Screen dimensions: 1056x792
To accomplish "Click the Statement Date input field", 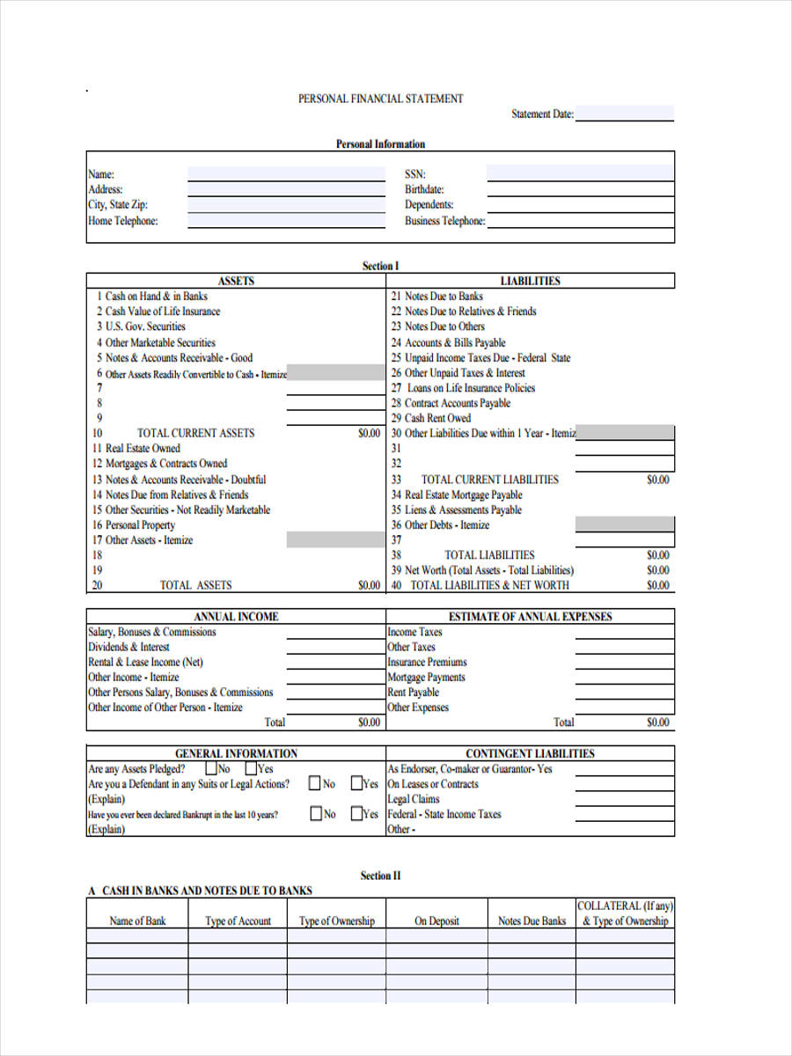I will (x=625, y=114).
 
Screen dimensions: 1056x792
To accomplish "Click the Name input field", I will (x=286, y=173).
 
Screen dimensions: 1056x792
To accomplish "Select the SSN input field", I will (x=580, y=172).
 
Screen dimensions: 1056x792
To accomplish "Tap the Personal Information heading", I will (x=380, y=144).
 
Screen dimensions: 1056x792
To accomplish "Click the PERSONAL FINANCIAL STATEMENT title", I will (x=380, y=99).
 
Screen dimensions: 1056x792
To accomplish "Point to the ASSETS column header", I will (x=236, y=281).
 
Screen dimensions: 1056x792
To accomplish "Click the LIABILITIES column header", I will (x=530, y=281).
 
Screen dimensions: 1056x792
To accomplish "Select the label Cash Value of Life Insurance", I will (x=163, y=312).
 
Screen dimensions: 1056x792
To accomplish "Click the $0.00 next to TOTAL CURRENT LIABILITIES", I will (x=657, y=480).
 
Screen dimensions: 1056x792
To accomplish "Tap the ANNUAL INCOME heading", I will (x=236, y=617).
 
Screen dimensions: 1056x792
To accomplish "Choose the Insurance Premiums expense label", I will (x=428, y=662).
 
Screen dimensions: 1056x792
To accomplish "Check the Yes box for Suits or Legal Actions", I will (x=356, y=783).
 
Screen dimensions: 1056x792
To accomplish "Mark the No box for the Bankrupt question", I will (x=316, y=814).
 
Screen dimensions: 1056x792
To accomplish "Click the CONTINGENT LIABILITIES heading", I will (x=530, y=753).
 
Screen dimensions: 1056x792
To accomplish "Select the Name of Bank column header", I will (x=137, y=921).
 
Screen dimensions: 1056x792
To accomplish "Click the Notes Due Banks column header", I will (x=532, y=921).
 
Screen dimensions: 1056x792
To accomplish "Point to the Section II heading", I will (x=380, y=876).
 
